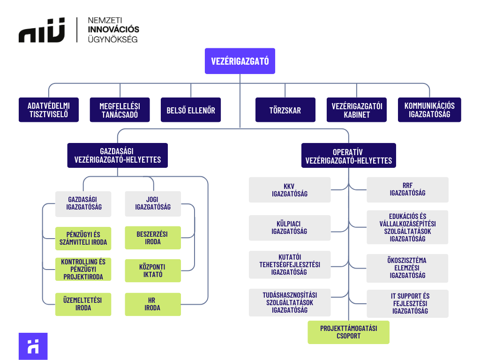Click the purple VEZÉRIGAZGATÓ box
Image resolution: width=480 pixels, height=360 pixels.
[x=240, y=61]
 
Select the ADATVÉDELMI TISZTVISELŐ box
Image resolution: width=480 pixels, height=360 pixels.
[x=49, y=110]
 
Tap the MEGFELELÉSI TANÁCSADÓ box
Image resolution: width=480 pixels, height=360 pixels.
[x=120, y=110]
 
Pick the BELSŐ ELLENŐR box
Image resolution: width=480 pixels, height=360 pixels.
[x=190, y=110]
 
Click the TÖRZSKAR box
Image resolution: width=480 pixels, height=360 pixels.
[x=285, y=110]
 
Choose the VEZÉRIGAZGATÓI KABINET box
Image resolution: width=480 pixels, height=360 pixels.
[x=356, y=110]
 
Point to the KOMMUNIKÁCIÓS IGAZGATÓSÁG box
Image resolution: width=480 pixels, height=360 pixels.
[x=429, y=110]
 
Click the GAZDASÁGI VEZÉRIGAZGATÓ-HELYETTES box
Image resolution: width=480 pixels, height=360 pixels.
[x=117, y=155]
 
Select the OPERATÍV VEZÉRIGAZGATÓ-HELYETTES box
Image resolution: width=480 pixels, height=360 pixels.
[x=348, y=156]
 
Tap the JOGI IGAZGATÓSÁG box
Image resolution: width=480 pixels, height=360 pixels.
[x=153, y=203]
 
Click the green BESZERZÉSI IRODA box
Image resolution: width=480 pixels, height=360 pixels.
[x=153, y=238]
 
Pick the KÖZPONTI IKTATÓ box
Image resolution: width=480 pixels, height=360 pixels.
[x=153, y=270]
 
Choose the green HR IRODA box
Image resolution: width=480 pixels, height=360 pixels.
[x=153, y=304]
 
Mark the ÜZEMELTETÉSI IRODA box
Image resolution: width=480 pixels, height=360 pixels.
[x=83, y=304]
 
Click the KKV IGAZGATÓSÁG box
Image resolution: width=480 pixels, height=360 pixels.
[x=289, y=189]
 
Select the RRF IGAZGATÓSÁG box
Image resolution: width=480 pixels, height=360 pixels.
[x=407, y=189]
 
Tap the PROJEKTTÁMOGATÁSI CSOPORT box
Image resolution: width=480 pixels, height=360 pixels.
[x=348, y=332]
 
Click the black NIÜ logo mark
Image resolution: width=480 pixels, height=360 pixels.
[x=42, y=30]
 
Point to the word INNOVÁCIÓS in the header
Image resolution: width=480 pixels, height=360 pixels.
[x=113, y=30]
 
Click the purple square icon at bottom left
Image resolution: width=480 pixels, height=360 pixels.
[x=33, y=346]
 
